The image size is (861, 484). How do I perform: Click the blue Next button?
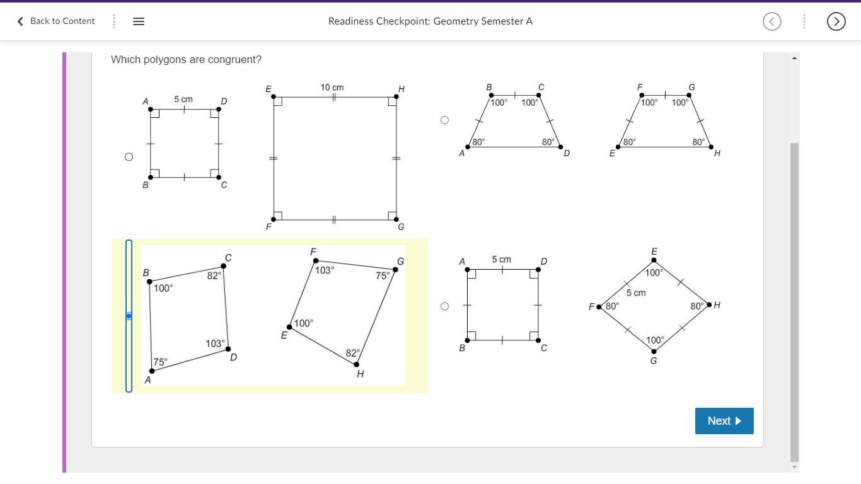coord(724,421)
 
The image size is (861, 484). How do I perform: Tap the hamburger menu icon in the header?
coord(139,21)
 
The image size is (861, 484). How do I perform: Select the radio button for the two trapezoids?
coord(444,120)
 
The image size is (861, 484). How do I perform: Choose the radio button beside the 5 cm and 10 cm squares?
coord(129,157)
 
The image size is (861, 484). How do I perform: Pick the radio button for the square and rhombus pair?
coord(444,306)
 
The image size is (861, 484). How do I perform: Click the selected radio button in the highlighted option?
coord(129,316)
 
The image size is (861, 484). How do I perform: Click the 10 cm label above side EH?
coord(332,87)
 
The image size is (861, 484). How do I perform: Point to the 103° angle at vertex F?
coord(325,270)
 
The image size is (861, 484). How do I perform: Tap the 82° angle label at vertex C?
coord(214,275)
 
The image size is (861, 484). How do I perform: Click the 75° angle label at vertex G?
coord(382,275)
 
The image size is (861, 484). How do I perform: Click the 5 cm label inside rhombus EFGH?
coord(636,293)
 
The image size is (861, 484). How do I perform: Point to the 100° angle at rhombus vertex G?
coord(654,340)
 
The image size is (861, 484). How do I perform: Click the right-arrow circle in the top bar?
coord(836,21)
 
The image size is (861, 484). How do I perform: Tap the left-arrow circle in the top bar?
coord(771,21)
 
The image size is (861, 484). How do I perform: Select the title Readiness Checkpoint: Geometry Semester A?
coord(430,21)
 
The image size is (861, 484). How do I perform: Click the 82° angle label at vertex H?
coord(352,353)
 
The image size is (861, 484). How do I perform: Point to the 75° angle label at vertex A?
coord(161,362)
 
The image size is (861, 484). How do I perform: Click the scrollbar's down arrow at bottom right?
coord(794,467)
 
